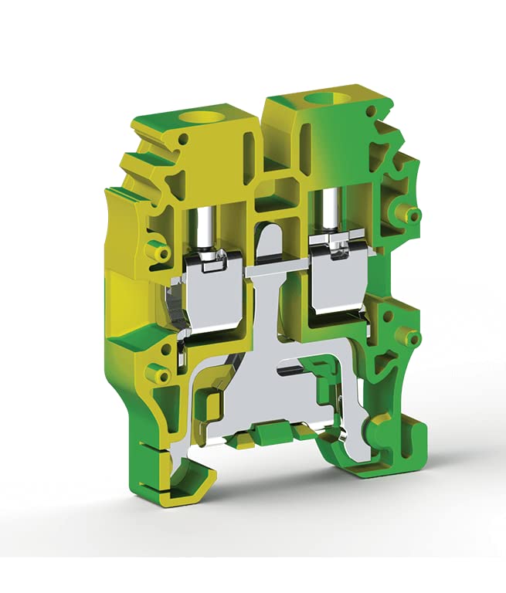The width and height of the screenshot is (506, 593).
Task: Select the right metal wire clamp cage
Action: coord(335,283)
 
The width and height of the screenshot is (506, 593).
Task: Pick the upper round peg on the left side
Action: coord(161,253)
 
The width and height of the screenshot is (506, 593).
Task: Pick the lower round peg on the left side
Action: coord(161,374)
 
